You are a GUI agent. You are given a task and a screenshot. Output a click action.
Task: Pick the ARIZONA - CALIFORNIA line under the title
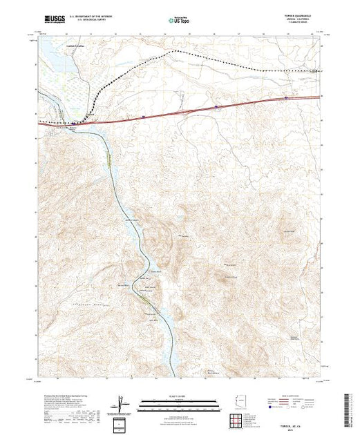(305, 21)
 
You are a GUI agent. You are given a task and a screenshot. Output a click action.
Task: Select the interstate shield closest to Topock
(143, 117)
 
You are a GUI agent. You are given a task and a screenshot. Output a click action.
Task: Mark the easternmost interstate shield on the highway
(285, 99)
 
